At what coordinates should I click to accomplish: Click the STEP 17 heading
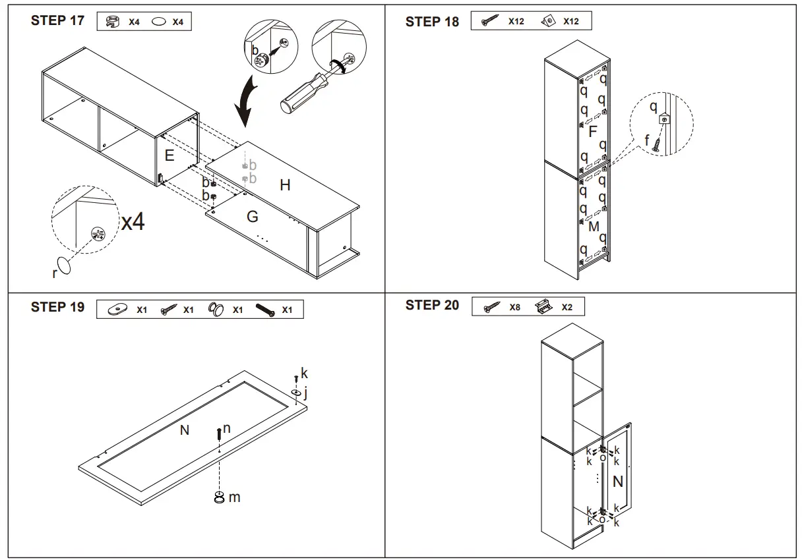[57, 20]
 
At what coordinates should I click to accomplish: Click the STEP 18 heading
[432, 22]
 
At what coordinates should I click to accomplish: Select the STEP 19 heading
[57, 307]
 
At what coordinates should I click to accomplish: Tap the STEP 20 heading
[432, 305]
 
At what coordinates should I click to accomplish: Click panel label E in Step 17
[170, 156]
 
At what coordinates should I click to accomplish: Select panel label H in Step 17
[285, 186]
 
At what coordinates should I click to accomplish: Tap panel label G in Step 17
[252, 217]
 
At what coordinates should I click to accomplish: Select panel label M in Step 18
[594, 227]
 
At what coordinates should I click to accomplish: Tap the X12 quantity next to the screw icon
[516, 21]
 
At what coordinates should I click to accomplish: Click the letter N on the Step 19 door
[185, 430]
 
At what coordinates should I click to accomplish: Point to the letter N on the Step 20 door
[617, 482]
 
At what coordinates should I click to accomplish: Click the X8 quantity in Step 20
[514, 307]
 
